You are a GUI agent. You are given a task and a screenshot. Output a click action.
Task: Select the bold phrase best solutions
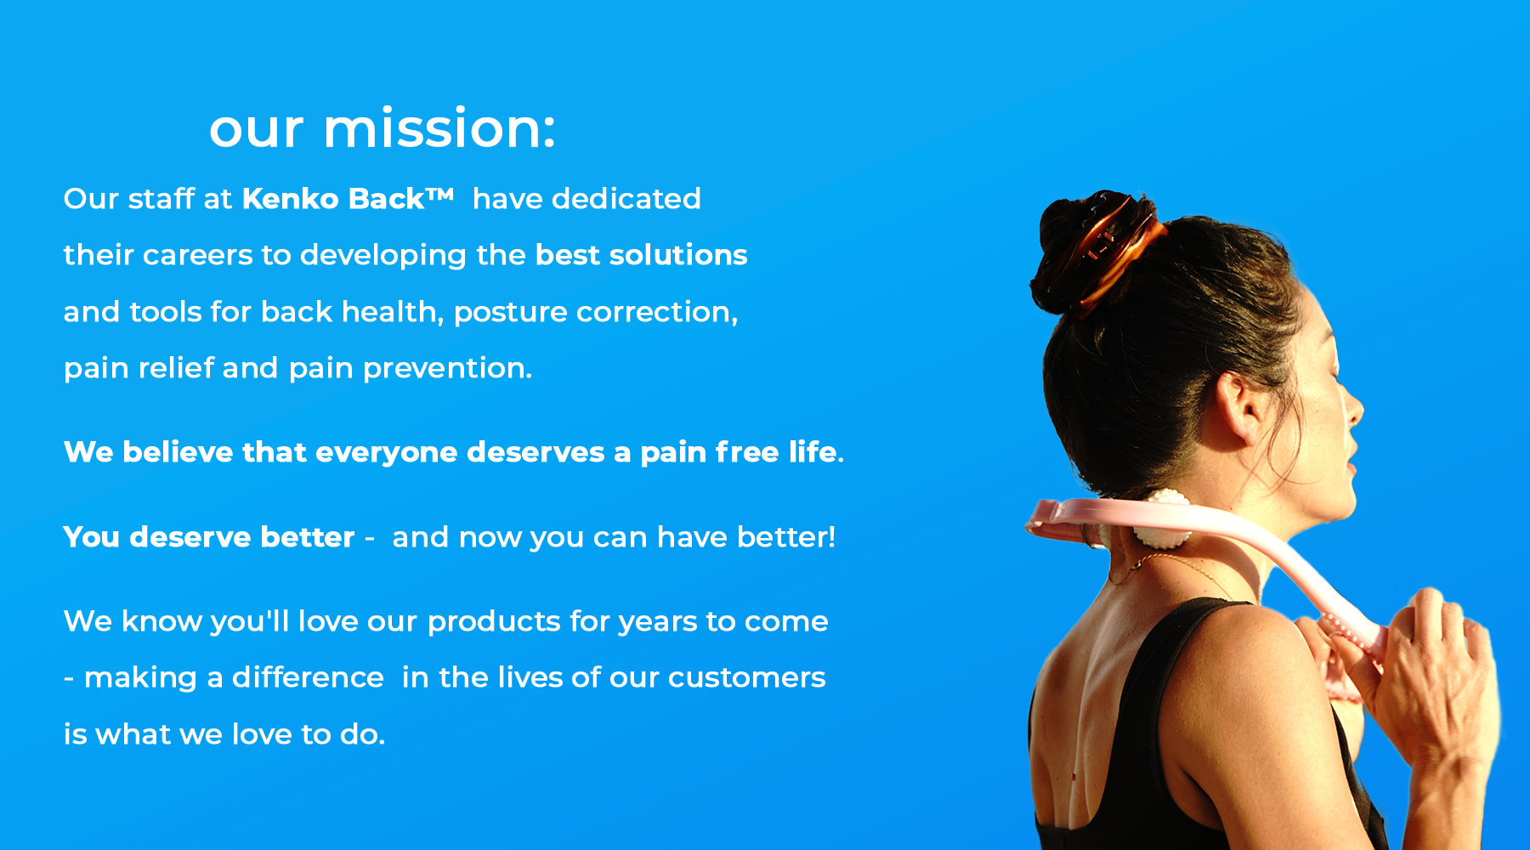tap(642, 254)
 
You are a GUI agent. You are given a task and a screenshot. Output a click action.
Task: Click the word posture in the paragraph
tap(510, 313)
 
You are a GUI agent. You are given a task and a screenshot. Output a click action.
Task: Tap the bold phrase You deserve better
tap(209, 537)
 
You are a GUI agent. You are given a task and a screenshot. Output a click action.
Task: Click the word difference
tap(308, 677)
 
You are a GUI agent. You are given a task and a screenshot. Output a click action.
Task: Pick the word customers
tap(746, 677)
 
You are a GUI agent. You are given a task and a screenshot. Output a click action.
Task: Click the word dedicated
tap(626, 198)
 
